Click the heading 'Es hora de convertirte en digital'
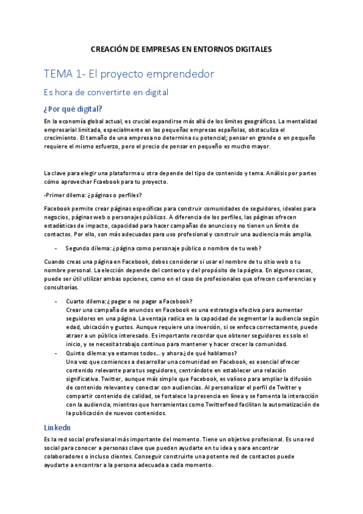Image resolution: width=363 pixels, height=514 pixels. pyautogui.click(x=105, y=93)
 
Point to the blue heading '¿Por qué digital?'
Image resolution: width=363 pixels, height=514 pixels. pyautogui.click(x=73, y=110)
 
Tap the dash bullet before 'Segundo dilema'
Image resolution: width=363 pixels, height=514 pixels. pyautogui.click(x=56, y=247)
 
